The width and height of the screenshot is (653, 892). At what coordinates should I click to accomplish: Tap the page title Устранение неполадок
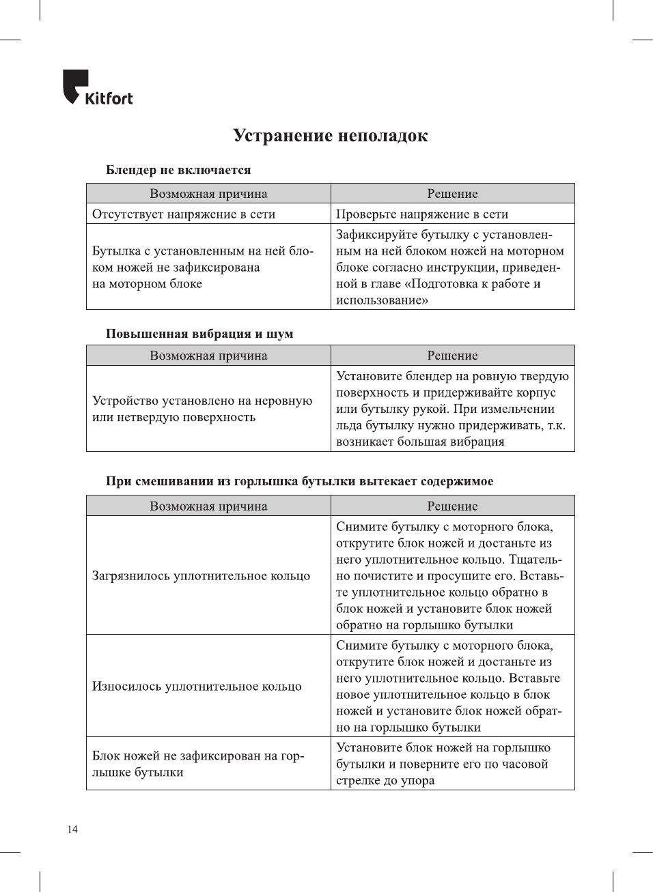[330, 136]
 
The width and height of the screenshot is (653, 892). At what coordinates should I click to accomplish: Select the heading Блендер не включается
[178, 170]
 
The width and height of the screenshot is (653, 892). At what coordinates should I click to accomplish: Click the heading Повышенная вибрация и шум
[199, 334]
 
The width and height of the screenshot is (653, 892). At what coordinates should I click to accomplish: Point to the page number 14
[72, 829]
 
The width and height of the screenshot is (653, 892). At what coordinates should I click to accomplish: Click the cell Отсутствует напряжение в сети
[184, 214]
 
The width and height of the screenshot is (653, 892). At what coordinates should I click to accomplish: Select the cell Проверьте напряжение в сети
[422, 214]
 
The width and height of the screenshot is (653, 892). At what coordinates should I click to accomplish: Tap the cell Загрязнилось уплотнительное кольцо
[201, 576]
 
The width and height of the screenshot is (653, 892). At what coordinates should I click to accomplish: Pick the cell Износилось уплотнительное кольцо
[197, 687]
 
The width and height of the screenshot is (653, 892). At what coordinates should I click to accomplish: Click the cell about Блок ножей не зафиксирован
[198, 764]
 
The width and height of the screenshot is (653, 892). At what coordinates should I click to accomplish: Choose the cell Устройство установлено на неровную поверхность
[202, 409]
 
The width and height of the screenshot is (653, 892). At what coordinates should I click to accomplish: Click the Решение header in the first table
[452, 194]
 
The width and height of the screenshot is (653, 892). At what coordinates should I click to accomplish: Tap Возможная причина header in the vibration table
[208, 356]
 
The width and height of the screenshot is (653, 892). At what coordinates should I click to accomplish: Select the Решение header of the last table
[452, 506]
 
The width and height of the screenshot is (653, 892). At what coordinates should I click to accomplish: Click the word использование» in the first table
[382, 300]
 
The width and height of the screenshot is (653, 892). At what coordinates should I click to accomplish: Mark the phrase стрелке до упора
[385, 781]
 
